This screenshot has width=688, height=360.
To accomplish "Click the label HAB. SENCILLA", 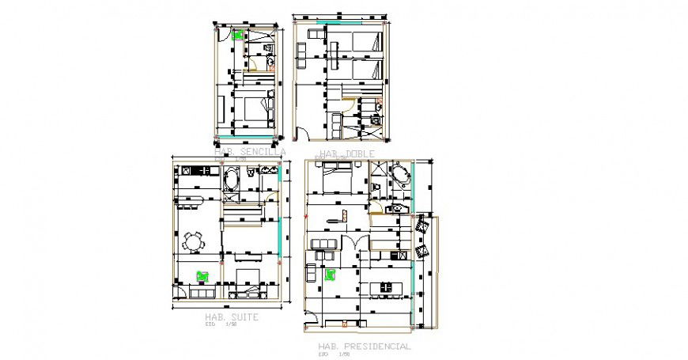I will tap(251, 151).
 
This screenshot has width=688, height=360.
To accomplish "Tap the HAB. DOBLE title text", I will tap(341, 153).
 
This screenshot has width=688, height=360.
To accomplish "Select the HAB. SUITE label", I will tap(231, 316).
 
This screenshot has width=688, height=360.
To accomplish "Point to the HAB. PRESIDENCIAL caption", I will tap(364, 347).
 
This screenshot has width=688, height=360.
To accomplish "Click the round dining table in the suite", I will tap(193, 241).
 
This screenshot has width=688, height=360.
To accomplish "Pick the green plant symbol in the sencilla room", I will tap(237, 35).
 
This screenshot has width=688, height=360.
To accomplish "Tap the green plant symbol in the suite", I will tap(202, 275).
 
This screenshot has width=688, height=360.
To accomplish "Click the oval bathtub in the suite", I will tap(232, 179).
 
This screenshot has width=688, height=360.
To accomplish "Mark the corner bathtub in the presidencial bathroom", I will tap(399, 175).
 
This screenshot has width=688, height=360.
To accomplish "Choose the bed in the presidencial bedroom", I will tap(338, 176).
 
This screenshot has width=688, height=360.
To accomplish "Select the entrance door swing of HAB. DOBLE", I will tap(348, 105).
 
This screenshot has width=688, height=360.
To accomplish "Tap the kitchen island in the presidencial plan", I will tap(386, 287).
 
